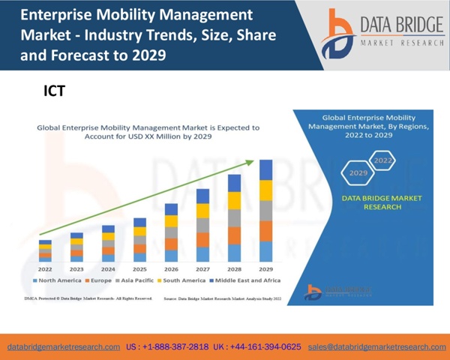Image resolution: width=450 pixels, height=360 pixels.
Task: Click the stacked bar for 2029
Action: [265, 211]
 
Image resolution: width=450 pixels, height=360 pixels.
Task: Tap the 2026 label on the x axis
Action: [171, 268]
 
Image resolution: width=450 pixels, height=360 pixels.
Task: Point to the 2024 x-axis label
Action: [108, 268]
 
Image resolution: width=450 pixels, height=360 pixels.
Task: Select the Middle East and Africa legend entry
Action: [248, 280]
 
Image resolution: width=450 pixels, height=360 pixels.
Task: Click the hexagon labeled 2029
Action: [358, 173]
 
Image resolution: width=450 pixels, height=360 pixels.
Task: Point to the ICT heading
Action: [55, 91]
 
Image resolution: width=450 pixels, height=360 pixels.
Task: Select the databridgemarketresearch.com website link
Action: [64, 347]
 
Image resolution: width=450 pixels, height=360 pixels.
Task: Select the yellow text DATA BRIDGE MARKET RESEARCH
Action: [370, 203]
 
